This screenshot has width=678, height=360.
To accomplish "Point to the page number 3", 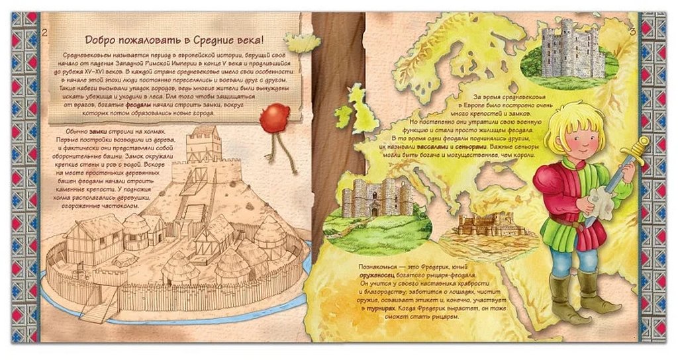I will pyautogui.click(x=632, y=30).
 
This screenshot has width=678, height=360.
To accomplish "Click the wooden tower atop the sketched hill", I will pyautogui.click(x=203, y=142).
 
